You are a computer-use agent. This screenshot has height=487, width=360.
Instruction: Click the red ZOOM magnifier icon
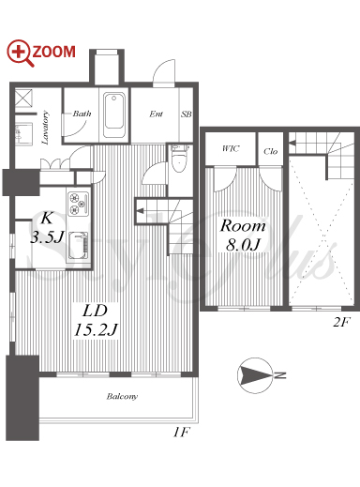point(20,53)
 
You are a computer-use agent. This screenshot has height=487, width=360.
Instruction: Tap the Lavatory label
point(45,128)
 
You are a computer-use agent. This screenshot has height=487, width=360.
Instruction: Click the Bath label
point(82,114)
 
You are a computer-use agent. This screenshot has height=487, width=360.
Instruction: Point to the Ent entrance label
point(156,114)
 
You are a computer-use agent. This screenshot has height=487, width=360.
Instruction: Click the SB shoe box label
point(187,114)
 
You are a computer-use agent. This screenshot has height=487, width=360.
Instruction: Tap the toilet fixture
point(179,159)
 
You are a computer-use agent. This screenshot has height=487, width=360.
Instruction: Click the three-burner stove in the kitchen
point(78,204)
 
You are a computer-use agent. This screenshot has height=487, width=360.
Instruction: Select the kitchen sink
point(79,246)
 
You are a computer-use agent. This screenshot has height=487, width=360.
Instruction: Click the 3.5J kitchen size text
point(47,237)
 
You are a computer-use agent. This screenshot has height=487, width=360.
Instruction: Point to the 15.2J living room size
point(96,329)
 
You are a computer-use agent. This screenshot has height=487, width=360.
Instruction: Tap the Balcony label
point(122,397)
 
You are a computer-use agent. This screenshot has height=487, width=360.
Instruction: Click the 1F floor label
point(181,433)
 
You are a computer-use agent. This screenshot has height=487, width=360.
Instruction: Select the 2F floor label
point(341,322)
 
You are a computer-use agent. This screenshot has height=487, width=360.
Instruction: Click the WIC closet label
point(231,148)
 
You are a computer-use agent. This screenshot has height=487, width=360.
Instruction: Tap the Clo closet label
point(270,151)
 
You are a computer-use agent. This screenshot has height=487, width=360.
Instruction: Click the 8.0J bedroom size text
point(243,244)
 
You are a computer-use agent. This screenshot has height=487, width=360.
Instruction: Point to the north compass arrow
point(255,374)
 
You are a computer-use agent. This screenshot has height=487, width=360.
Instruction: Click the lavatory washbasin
point(23,134)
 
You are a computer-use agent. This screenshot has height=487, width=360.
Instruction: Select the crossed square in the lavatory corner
point(23,98)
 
